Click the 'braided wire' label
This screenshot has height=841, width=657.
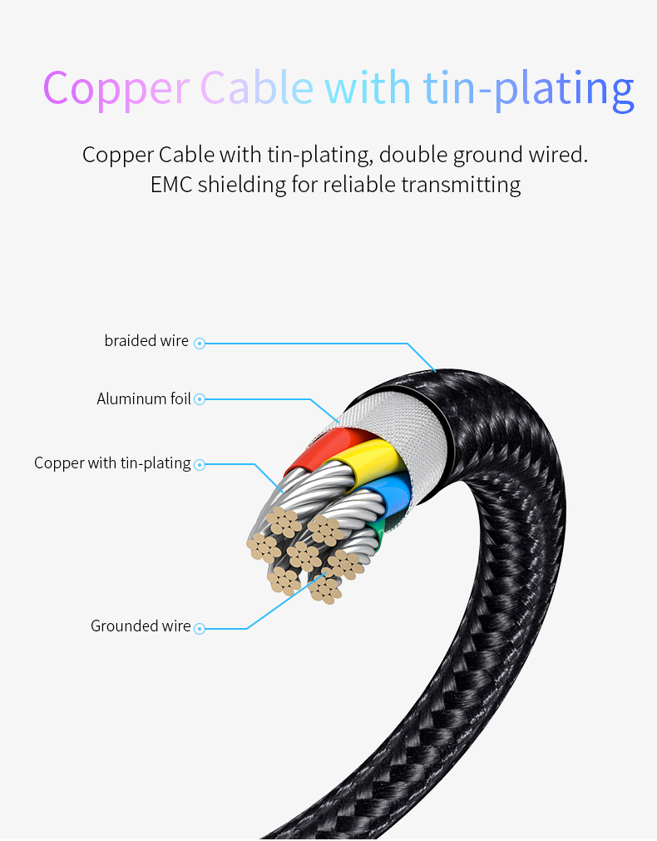coord(146,341)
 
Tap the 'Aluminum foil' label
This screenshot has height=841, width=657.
coord(144,399)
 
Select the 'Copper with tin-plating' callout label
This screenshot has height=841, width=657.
coord(112,463)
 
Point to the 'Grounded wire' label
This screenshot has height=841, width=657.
coord(141,626)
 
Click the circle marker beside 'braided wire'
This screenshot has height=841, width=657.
coord(200,343)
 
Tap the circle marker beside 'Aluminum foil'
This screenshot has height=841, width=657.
coord(200,400)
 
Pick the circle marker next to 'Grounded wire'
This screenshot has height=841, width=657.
coord(200,628)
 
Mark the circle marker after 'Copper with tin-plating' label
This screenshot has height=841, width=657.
coord(200,465)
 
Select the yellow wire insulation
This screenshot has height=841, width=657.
coord(371,456)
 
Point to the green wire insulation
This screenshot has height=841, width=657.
coord(378,532)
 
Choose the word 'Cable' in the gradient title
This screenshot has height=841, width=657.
coord(258,87)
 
